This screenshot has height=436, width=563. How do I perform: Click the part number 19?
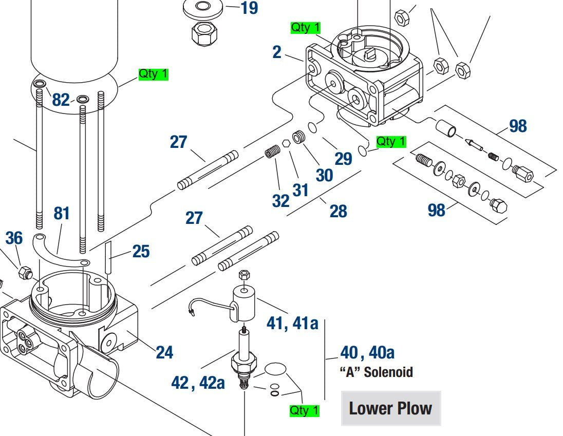(249, 8)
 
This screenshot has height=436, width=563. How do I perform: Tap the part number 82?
(61, 100)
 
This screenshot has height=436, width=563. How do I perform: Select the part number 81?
(62, 213)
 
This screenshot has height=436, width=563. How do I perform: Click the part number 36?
(14, 238)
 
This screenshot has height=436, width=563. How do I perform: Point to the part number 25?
(141, 251)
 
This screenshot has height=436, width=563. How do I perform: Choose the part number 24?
(164, 352)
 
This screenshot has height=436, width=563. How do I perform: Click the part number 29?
(343, 159)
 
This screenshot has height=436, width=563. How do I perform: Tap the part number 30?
(324, 175)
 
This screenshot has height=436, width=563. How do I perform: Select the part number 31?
(301, 190)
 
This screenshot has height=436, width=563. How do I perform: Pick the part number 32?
(281, 201)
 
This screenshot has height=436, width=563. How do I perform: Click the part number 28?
(338, 211)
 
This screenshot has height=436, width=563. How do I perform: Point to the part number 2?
(277, 52)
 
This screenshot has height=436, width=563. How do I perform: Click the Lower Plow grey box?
(391, 408)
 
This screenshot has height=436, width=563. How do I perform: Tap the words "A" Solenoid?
(377, 372)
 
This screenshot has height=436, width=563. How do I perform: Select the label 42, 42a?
(198, 382)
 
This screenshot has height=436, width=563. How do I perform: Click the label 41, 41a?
(292, 323)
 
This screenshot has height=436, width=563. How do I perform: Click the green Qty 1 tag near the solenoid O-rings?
(305, 411)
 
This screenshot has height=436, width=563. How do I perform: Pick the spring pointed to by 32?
(272, 152)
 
